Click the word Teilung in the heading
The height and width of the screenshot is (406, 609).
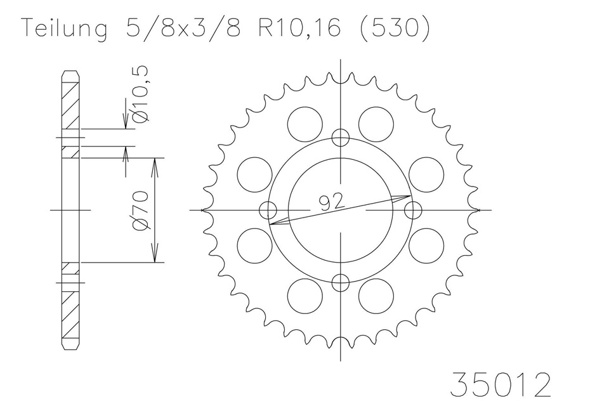click(65, 29)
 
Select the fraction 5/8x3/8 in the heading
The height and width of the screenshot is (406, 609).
click(183, 28)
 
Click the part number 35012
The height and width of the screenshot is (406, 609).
click(501, 384)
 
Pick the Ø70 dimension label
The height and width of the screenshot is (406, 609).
click(141, 210)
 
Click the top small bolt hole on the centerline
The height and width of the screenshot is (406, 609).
click(341, 138)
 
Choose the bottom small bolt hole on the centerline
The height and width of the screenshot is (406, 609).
click(341, 282)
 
